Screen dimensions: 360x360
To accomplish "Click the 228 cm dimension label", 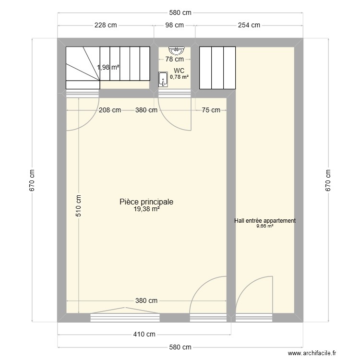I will pos(106,25).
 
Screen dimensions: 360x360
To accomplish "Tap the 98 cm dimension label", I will pos(174,25).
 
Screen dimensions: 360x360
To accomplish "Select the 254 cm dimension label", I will pos(249,25).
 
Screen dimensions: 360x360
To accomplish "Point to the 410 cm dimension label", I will pos(144,335).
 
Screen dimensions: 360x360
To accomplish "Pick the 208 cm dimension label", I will pos(110,110).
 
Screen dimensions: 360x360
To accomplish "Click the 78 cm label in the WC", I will pos(175,60).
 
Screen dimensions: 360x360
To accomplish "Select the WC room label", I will pos(180,71).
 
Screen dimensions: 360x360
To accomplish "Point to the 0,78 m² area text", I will pos(180,76).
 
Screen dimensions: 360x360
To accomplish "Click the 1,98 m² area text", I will pos(108,68).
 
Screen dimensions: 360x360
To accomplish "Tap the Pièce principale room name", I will pos(146,202).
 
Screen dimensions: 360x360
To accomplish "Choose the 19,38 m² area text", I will pos(147,209).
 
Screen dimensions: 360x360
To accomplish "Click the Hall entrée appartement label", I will pos(265,221).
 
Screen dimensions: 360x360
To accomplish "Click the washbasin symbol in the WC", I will pos(176,49).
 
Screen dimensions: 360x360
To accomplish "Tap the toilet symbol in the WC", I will pos(163,79).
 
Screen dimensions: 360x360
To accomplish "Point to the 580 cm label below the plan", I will pos(180,347).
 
